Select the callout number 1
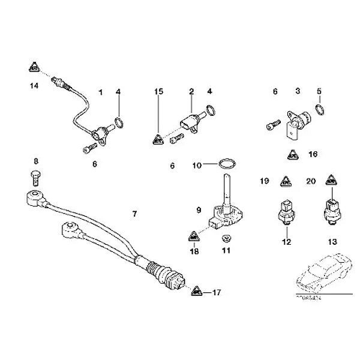pyautogui.click(x=101, y=92)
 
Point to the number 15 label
pyautogui.click(x=158, y=92)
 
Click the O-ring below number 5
pyautogui.click(x=320, y=109)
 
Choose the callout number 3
pyautogui.click(x=297, y=92)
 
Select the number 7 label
pyautogui.click(x=134, y=214)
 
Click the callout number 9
pyautogui.click(x=198, y=211)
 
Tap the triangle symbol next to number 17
pyautogui.click(x=196, y=292)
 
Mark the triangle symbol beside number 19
pyautogui.click(x=286, y=181)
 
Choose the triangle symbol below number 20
pyautogui.click(x=329, y=179)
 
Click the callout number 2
pyautogui.click(x=191, y=92)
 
